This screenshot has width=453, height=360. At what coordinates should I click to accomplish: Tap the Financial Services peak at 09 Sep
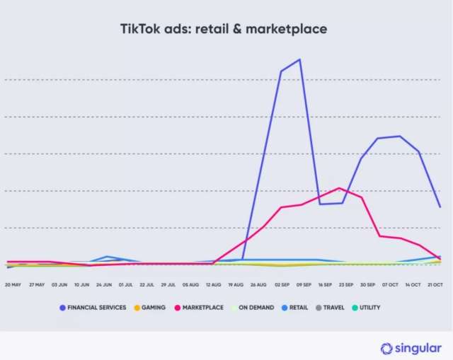[x=300, y=59]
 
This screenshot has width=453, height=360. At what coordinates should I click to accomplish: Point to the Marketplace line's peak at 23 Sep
[x=340, y=188]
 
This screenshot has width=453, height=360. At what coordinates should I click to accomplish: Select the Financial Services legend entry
[x=93, y=308]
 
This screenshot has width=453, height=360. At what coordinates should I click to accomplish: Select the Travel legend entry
[x=335, y=308]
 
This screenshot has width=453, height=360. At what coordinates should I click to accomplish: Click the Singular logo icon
[x=386, y=348]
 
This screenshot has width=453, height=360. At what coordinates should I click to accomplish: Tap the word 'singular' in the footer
[x=418, y=348]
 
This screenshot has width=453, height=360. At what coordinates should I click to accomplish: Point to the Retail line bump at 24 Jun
[x=107, y=257]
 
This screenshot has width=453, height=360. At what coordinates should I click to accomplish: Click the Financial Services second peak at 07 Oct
[x=400, y=136]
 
